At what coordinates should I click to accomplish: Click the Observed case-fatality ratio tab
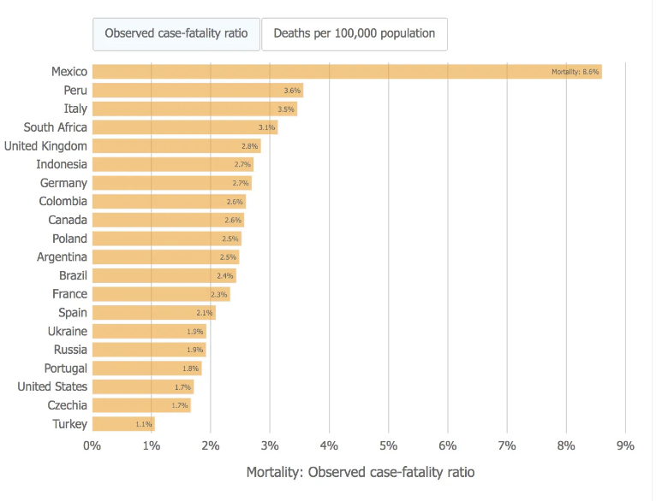(176, 34)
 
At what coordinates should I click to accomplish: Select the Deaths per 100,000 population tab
(354, 34)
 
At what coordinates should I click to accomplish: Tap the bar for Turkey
(123, 424)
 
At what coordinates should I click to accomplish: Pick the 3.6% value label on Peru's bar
(292, 91)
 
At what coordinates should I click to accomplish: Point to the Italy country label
(75, 109)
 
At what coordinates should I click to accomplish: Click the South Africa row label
(56, 127)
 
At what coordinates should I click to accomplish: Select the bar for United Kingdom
(176, 146)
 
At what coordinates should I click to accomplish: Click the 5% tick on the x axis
(389, 445)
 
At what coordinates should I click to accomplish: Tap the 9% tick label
(625, 445)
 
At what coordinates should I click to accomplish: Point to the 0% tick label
(92, 445)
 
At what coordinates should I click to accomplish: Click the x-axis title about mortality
(360, 472)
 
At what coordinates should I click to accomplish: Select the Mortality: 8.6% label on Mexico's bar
(575, 73)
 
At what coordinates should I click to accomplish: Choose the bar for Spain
(154, 313)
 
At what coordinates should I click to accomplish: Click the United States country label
(52, 386)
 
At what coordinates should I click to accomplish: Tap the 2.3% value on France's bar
(219, 295)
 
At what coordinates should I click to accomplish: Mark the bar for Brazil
(164, 276)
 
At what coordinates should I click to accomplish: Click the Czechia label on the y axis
(68, 405)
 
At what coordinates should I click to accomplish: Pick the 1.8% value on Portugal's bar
(191, 368)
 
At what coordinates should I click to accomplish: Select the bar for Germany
(171, 183)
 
